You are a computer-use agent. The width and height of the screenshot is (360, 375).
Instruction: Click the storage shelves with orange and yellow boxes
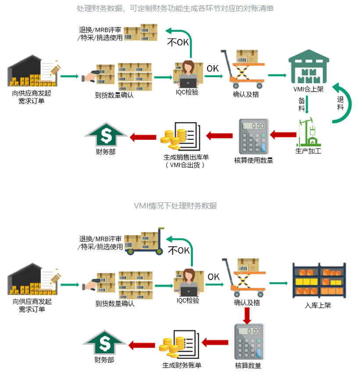319,279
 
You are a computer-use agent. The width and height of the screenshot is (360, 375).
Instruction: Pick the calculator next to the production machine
253,135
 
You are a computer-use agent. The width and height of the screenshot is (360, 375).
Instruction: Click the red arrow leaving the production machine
283,135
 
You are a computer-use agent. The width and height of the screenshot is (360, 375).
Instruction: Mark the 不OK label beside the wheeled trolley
178,251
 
